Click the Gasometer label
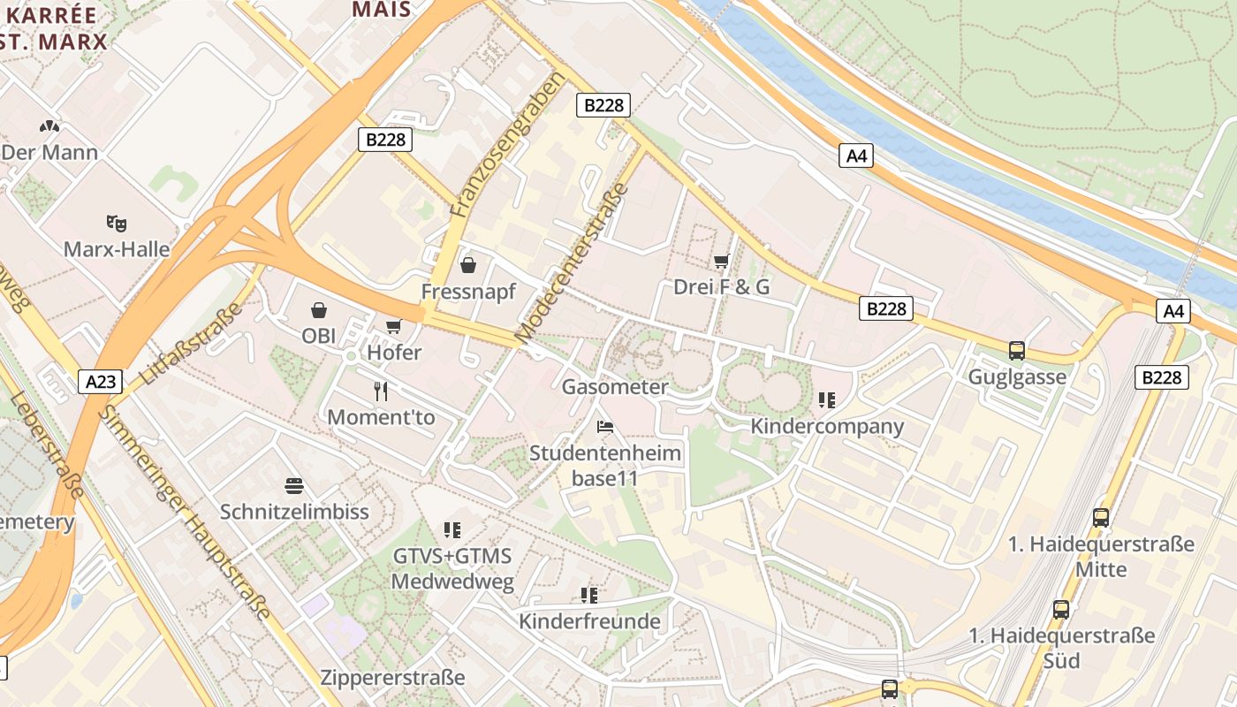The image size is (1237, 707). coord(615,386)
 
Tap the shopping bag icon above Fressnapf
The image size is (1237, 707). coord(468,265)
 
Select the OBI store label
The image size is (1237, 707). coord(319,336)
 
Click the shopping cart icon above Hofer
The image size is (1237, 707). coord(394,327)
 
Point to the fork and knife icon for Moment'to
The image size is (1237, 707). coord(381,391)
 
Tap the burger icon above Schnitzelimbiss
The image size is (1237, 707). coord(294,485)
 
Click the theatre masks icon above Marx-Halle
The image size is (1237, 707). coord(114,223)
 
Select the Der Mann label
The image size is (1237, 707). coord(49,152)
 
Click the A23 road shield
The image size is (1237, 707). coord(101,382)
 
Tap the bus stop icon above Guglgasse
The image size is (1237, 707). coord(1017,351)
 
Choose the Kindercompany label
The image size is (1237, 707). coord(827,426)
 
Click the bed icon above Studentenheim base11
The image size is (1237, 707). coord(605,427)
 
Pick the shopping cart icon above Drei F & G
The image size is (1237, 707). coord(721,261)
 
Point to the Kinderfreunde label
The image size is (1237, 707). coord(589,621)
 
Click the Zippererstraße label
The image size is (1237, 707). coord(392,678)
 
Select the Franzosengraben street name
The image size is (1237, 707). coord(506,146)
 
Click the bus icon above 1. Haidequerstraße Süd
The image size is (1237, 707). coord(1061,609)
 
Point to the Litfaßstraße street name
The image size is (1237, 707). coord(192,344)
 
